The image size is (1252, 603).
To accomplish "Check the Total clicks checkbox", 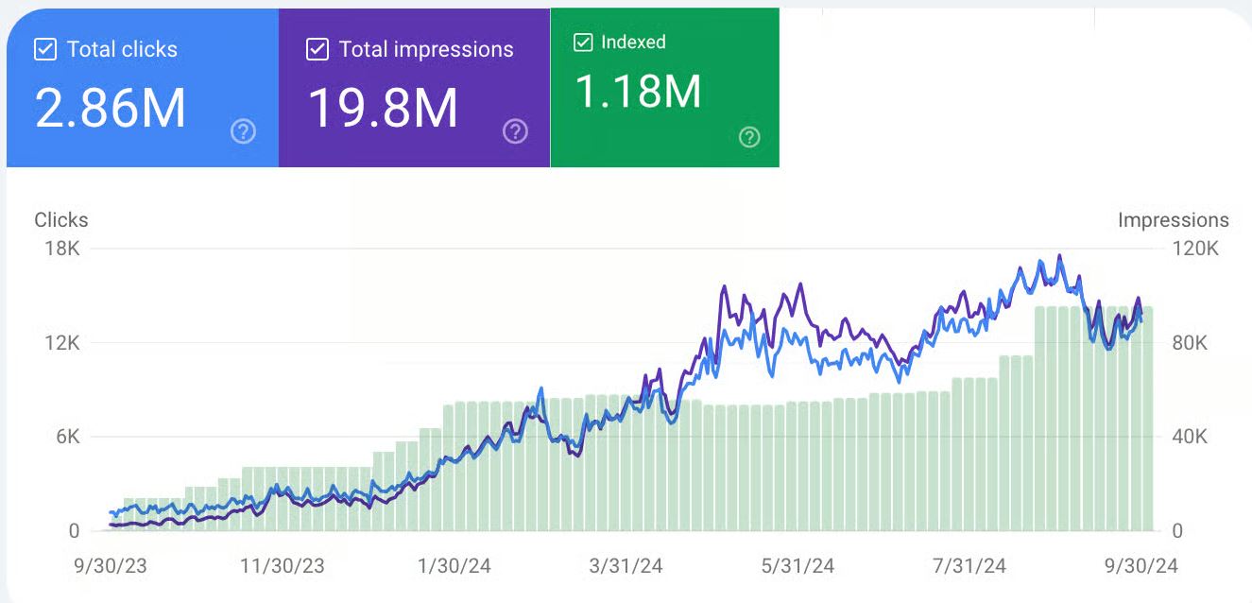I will point(45,50).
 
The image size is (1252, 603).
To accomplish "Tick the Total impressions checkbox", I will point(317,50).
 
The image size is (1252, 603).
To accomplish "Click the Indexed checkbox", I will point(584,43).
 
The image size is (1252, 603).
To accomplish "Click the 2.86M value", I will point(111,108).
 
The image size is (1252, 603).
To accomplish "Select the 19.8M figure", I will point(383,108).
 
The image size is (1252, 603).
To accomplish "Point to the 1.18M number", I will point(638,92).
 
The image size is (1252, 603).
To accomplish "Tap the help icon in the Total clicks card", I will point(243,131).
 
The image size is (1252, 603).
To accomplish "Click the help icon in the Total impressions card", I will point(515,131).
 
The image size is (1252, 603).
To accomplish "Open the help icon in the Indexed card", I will point(749,138).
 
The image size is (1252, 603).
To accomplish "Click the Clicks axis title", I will point(61,220).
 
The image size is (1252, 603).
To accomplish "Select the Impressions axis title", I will point(1173,220).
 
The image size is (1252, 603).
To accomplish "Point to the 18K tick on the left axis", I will point(60,249).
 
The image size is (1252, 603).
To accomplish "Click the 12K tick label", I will point(60,343).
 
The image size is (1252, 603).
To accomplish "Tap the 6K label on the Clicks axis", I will point(66,437).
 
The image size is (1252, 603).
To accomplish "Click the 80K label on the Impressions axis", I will point(1189,343).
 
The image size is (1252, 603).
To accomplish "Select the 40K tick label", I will point(1189,437).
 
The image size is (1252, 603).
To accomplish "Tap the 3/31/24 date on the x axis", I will point(626,566).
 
